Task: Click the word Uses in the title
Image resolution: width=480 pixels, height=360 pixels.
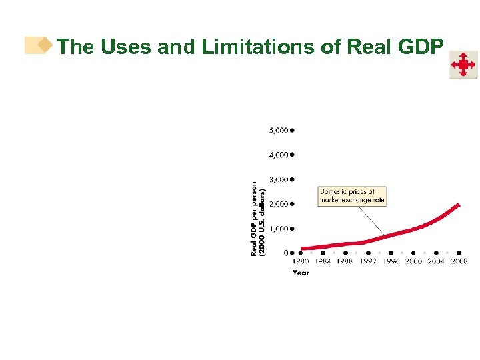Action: (125, 47)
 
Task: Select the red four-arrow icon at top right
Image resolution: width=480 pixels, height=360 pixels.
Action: (463, 65)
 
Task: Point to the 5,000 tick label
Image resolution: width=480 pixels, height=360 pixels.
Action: (279, 131)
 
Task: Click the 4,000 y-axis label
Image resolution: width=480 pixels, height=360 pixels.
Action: (279, 155)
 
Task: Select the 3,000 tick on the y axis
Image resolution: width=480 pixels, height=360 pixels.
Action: (279, 179)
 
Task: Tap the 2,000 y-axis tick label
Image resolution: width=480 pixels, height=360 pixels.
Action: (279, 204)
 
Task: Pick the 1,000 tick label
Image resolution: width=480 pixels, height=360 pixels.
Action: (279, 229)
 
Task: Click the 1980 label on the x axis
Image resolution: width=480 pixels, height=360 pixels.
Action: (301, 261)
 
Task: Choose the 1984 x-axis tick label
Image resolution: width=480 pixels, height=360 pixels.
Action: (323, 261)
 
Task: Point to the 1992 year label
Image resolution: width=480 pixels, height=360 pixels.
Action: (368, 261)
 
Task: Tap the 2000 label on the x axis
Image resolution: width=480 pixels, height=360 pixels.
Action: (413, 261)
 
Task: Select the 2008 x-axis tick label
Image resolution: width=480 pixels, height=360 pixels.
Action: (459, 261)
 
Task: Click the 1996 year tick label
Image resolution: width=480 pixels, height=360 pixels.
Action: (391, 261)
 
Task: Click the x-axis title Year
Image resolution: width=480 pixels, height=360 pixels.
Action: (301, 273)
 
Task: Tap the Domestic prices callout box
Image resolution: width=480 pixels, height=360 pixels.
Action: (351, 196)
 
